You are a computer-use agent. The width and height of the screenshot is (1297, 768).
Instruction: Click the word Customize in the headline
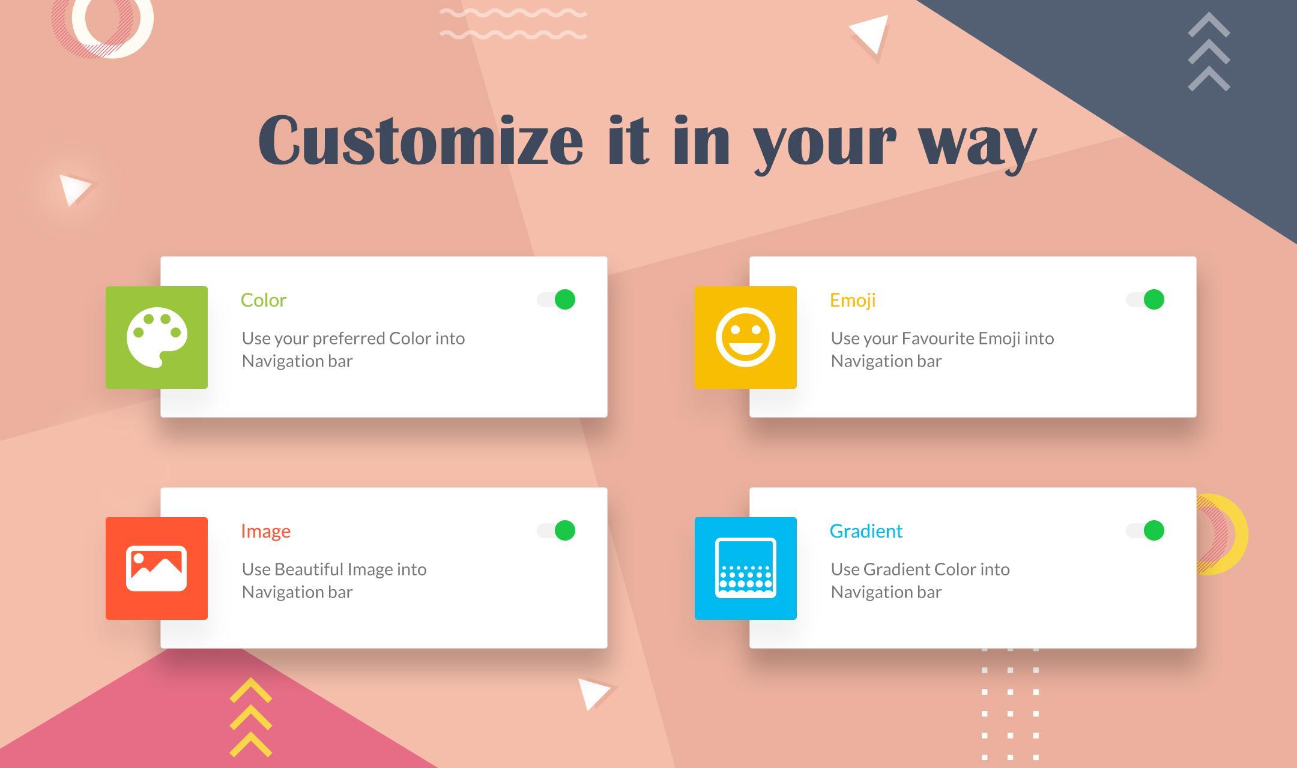click(420, 140)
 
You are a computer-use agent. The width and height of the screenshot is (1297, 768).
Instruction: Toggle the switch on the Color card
click(556, 299)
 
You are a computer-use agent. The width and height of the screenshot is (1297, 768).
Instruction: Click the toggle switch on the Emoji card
click(1145, 299)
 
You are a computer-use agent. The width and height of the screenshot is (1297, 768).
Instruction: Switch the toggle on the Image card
click(556, 530)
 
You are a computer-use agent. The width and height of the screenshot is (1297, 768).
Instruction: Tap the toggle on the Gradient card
click(1145, 530)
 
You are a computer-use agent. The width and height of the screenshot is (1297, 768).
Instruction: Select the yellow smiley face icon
click(746, 337)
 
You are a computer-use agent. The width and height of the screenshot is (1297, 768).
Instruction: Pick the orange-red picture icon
click(157, 568)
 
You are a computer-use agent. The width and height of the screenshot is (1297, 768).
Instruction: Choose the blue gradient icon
click(746, 568)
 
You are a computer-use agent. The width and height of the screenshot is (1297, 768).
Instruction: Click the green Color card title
click(264, 300)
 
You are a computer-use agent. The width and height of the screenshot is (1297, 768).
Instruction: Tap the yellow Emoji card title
click(853, 301)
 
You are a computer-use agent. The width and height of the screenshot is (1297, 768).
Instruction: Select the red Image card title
click(265, 532)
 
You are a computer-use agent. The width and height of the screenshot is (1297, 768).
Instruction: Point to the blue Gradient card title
click(866, 531)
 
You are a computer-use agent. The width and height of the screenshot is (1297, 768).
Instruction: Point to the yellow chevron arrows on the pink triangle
click(251, 717)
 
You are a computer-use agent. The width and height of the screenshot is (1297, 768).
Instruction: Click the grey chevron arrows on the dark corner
click(1209, 52)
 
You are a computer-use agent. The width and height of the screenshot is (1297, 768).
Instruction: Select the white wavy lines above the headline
click(513, 24)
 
